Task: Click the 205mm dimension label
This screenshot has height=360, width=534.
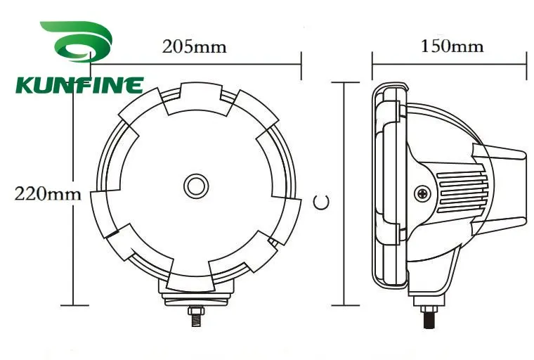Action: tap(195, 47)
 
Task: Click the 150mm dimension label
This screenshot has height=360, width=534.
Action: tap(452, 47)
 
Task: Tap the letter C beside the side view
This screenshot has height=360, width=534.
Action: tap(321, 202)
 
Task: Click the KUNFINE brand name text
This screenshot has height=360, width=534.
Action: tap(79, 86)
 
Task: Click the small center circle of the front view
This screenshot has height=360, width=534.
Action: tap(196, 186)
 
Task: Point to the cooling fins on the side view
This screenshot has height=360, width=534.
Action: tap(460, 190)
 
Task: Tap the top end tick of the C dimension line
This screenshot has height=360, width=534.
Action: tap(342, 82)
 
